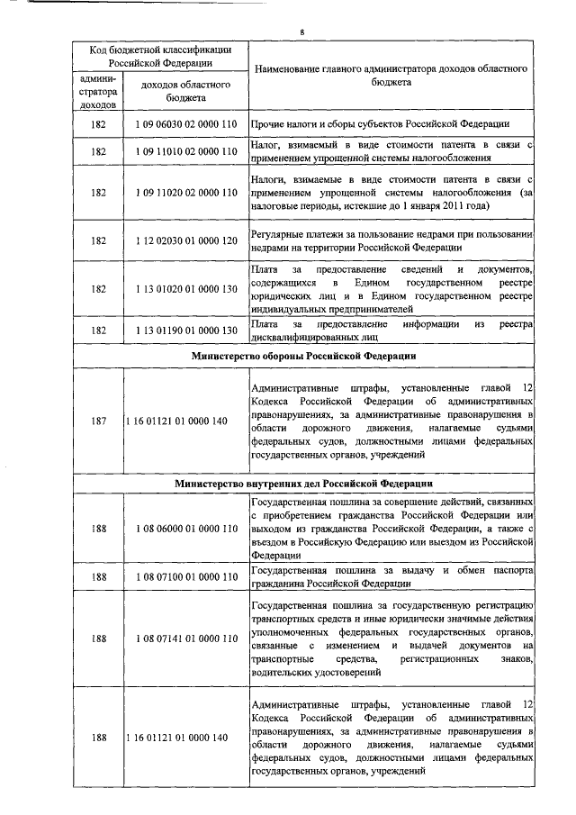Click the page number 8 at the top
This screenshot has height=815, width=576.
tap(302, 33)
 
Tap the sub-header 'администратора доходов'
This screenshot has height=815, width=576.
tap(98, 92)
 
